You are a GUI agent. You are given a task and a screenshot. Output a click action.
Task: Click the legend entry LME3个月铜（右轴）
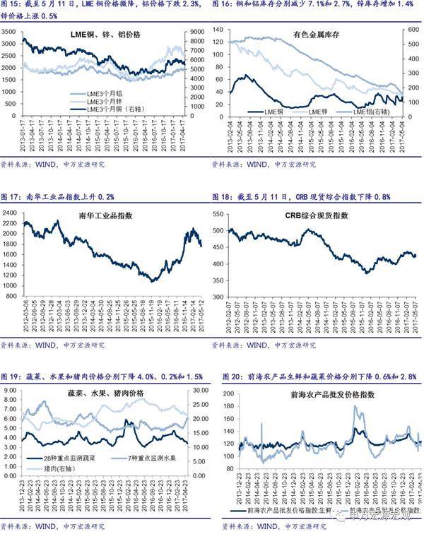(x=116, y=109)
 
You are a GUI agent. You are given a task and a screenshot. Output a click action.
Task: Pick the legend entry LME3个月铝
(x=103, y=93)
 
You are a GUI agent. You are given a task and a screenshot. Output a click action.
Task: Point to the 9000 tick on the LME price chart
(x=197, y=31)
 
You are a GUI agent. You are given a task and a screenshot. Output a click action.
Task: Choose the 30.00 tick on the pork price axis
(x=199, y=391)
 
